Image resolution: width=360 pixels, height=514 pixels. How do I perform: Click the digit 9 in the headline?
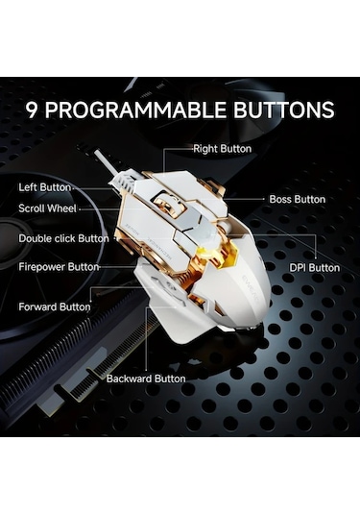click(32, 110)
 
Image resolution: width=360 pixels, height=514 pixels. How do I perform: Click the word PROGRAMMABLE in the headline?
click(135, 110)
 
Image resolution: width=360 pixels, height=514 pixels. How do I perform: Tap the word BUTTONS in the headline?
click(283, 110)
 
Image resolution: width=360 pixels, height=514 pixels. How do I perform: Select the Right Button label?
click(223, 149)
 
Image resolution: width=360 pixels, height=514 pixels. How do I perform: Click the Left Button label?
click(45, 187)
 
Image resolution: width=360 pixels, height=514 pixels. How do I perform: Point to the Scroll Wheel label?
click(47, 208)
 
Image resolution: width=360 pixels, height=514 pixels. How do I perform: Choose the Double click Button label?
click(64, 238)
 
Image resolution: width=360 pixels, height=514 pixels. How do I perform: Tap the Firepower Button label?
click(59, 267)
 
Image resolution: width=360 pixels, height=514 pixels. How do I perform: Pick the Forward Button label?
click(55, 307)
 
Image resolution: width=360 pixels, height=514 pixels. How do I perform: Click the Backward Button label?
click(146, 379)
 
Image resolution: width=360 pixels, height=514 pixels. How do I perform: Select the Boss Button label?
click(298, 199)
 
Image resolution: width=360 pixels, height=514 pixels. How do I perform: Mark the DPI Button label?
click(315, 268)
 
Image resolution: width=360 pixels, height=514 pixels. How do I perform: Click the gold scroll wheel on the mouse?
click(166, 204)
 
